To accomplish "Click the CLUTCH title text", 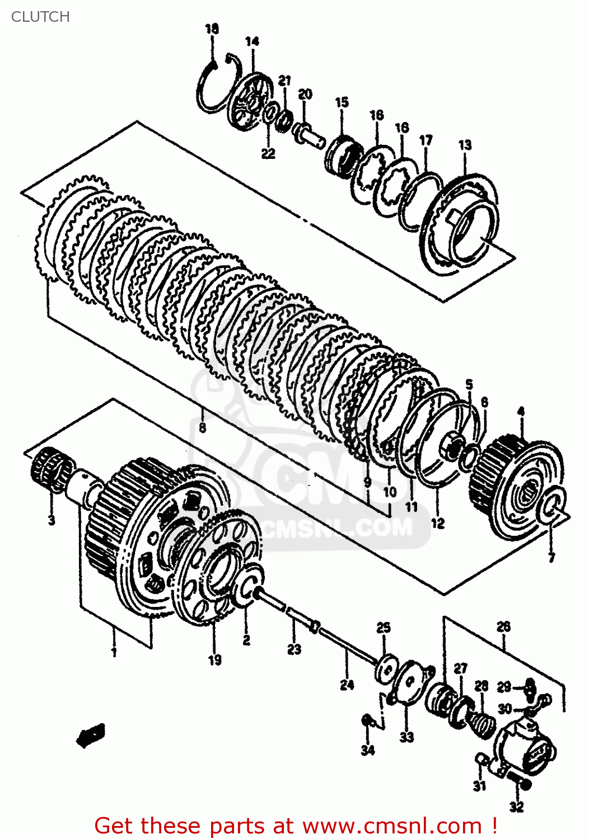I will pos(40,17).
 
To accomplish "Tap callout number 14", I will pos(252,41).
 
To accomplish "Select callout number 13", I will pos(465,145).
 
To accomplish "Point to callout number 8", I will pos(202,428).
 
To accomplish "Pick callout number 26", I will pos(503,626).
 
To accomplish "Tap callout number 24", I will pos(347,684).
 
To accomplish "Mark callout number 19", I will pos(214,660).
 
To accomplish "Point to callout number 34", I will pos(367,750).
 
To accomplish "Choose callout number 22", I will pos(268,153).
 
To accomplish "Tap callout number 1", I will pos(114,652).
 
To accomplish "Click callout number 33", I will pos(406,737).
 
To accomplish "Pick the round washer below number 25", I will pos(385,669).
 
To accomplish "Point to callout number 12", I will pos(437,523).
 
